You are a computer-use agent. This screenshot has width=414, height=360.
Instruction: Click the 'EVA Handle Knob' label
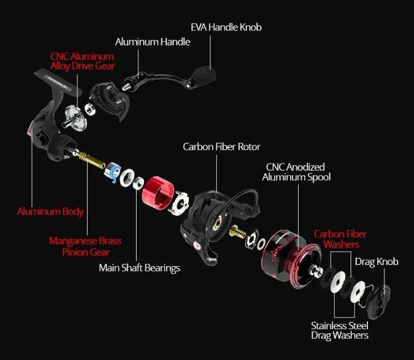click(x=226, y=27)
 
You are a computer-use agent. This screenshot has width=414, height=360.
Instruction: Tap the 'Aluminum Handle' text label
click(x=153, y=42)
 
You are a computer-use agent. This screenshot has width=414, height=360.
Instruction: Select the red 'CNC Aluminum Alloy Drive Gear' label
click(x=83, y=61)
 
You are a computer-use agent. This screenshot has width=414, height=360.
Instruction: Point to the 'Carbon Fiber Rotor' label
click(x=222, y=146)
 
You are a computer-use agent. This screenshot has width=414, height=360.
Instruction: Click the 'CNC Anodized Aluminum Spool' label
click(x=296, y=172)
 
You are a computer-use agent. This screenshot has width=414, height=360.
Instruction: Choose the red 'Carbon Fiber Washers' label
click(x=341, y=239)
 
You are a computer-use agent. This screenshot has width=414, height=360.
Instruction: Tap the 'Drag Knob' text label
click(x=377, y=261)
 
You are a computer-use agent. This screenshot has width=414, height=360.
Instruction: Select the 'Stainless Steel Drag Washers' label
click(x=340, y=330)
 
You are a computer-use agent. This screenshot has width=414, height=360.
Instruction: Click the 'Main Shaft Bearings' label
click(x=140, y=268)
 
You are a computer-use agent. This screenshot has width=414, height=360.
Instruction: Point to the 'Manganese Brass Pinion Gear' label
click(x=85, y=246)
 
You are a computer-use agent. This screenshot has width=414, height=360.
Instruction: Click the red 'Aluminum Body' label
click(x=50, y=211)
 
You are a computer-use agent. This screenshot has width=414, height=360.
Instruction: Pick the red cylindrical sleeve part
click(x=158, y=193)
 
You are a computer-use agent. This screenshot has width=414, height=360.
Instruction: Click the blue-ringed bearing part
click(x=112, y=172)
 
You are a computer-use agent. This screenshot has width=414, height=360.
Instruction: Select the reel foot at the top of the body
click(x=57, y=80)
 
